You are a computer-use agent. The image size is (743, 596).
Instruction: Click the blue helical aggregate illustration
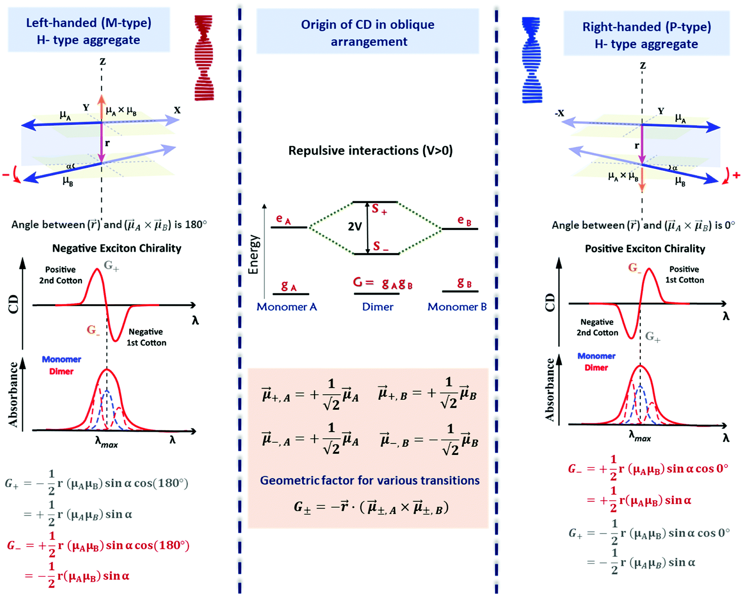(x=532, y=60)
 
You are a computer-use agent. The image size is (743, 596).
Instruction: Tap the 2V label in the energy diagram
(x=355, y=226)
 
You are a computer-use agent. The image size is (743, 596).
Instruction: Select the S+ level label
(x=379, y=209)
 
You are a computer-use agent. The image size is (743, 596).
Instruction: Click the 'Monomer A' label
(x=287, y=307)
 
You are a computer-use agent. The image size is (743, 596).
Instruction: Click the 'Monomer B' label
(x=457, y=307)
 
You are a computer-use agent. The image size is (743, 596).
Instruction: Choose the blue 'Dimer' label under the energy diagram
(x=377, y=307)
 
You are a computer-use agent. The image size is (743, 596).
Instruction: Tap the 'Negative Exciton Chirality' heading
(x=117, y=248)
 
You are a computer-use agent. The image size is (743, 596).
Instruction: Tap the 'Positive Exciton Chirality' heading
(x=645, y=249)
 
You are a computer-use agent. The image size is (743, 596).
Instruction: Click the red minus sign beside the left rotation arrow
(x=6, y=175)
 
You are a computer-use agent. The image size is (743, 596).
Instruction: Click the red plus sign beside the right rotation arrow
(x=737, y=175)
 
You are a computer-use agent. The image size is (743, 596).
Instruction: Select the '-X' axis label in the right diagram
(x=559, y=113)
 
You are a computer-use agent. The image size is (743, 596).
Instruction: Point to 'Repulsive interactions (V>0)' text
(x=370, y=150)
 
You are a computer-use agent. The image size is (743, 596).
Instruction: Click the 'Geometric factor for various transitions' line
(x=369, y=480)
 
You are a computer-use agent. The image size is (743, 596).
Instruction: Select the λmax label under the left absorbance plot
(x=106, y=443)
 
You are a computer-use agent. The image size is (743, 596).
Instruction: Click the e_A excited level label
(x=283, y=219)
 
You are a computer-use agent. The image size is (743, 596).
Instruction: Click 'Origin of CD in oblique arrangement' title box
(x=368, y=32)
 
